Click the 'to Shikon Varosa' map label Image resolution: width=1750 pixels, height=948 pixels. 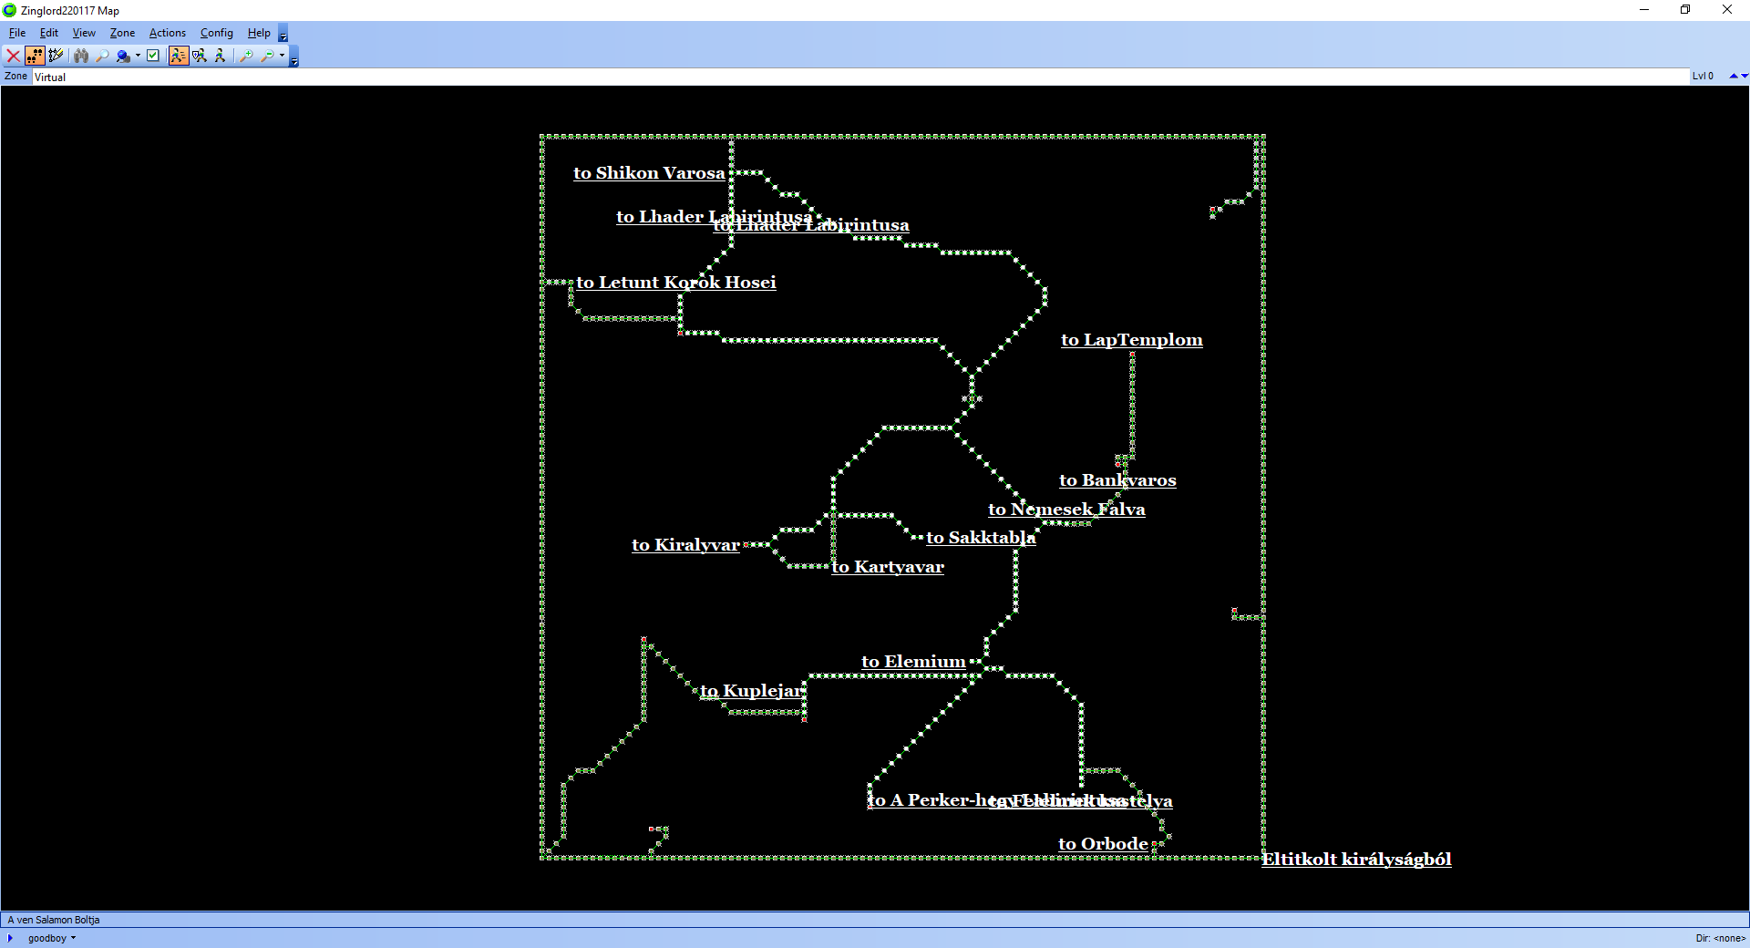pos(649,173)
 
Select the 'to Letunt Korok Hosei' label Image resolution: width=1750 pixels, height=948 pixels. pos(675,283)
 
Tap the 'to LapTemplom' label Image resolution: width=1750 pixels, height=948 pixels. pos(1131,340)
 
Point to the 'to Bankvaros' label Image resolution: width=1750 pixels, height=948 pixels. pos(1117,480)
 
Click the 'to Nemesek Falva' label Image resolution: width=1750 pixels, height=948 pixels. pos(1066,510)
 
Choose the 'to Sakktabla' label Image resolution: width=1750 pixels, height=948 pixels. pos(981,538)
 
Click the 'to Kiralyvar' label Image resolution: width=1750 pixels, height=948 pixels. pos(685,545)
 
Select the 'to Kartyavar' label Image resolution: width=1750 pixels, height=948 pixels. pos(888,567)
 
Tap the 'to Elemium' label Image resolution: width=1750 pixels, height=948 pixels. pos(913,662)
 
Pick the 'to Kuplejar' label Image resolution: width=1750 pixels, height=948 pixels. pos(751,691)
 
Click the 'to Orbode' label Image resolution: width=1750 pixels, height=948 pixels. pos(1103,844)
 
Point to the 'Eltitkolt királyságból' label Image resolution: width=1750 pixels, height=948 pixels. pos(1356,859)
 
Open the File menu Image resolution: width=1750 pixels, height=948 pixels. pos(17,33)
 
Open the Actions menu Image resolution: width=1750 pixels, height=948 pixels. pos(167,33)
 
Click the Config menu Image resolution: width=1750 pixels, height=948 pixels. pos(216,33)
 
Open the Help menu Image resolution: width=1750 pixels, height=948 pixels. pos(259,33)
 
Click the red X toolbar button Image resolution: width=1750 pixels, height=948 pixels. pos(14,56)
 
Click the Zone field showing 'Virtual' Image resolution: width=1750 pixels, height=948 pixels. pos(857,77)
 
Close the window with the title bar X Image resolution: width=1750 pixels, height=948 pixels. pos(1726,10)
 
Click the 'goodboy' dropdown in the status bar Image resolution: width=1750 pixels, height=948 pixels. pos(51,938)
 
